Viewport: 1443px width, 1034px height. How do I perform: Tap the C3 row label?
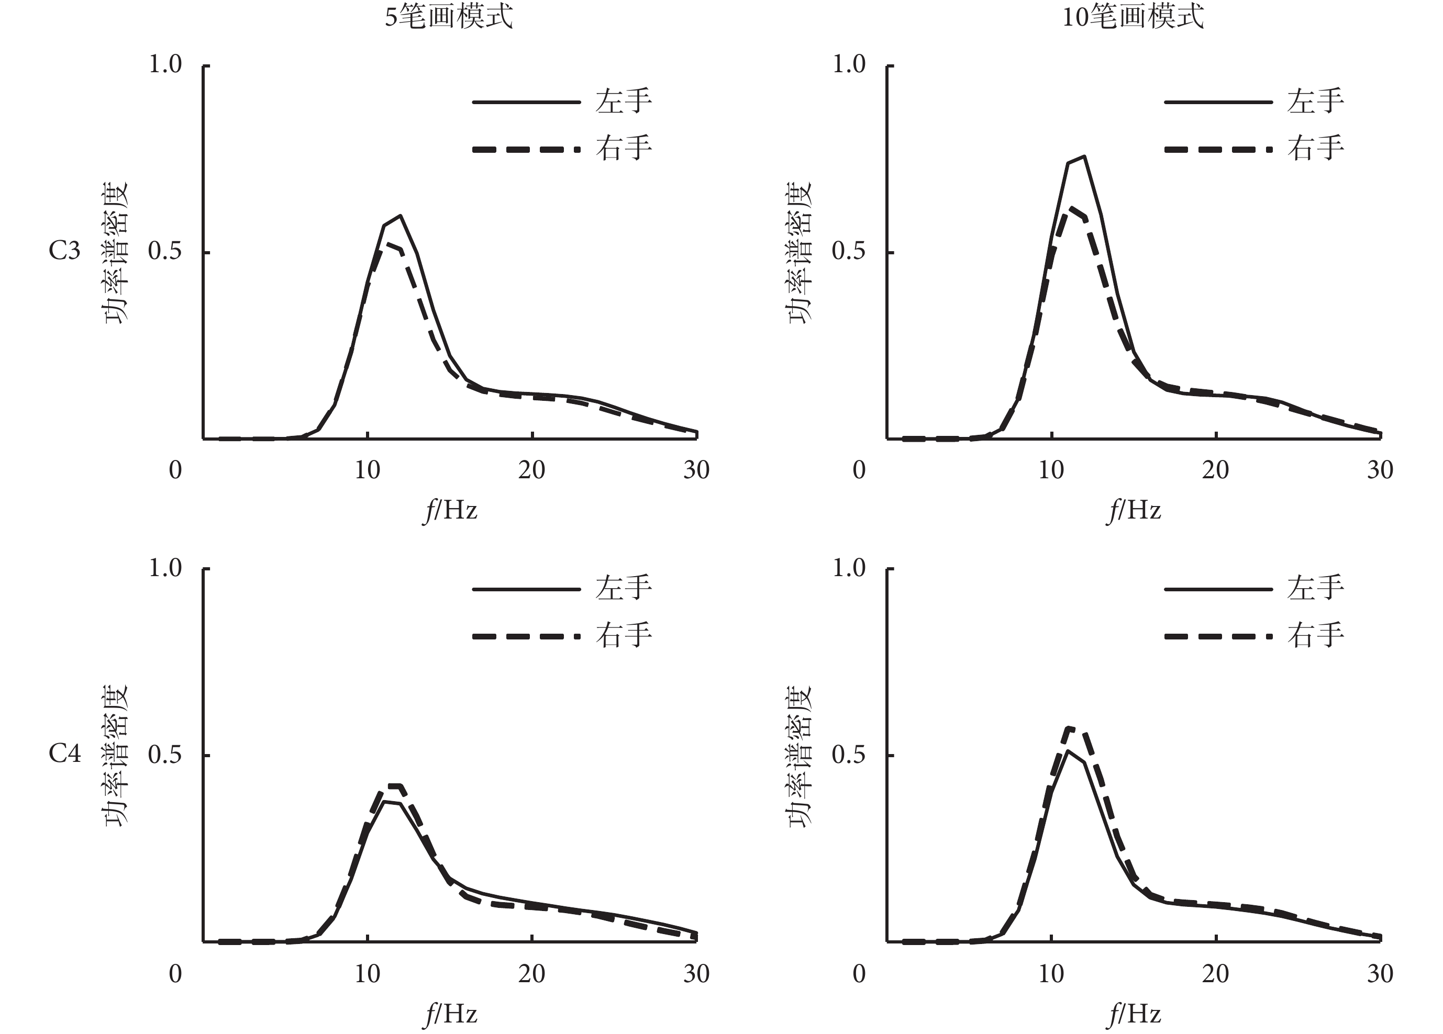coord(64,251)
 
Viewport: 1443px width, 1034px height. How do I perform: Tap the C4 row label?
coord(64,754)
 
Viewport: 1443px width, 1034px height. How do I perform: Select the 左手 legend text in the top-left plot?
coord(624,102)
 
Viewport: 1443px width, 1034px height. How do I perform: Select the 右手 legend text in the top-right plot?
coord(1315,149)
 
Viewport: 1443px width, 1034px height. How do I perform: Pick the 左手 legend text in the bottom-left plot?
coord(624,588)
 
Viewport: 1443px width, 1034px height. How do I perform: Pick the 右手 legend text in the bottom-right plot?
coord(1315,635)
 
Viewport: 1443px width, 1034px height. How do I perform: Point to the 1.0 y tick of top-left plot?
coord(165,64)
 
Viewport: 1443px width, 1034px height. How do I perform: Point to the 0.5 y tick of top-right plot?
coord(849,251)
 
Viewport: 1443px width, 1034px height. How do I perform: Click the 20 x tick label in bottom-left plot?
coord(531,974)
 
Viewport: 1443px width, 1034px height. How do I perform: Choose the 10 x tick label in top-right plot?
coord(1051,470)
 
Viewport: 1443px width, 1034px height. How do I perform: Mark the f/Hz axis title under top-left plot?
coord(450,511)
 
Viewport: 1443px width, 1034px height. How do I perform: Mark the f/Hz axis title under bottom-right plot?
coord(1134,1014)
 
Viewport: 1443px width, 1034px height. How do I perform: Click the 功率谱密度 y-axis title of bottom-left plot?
coord(116,756)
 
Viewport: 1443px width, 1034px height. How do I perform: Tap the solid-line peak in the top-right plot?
coord(1083,156)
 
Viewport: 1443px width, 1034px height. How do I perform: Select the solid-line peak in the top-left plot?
coord(400,216)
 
